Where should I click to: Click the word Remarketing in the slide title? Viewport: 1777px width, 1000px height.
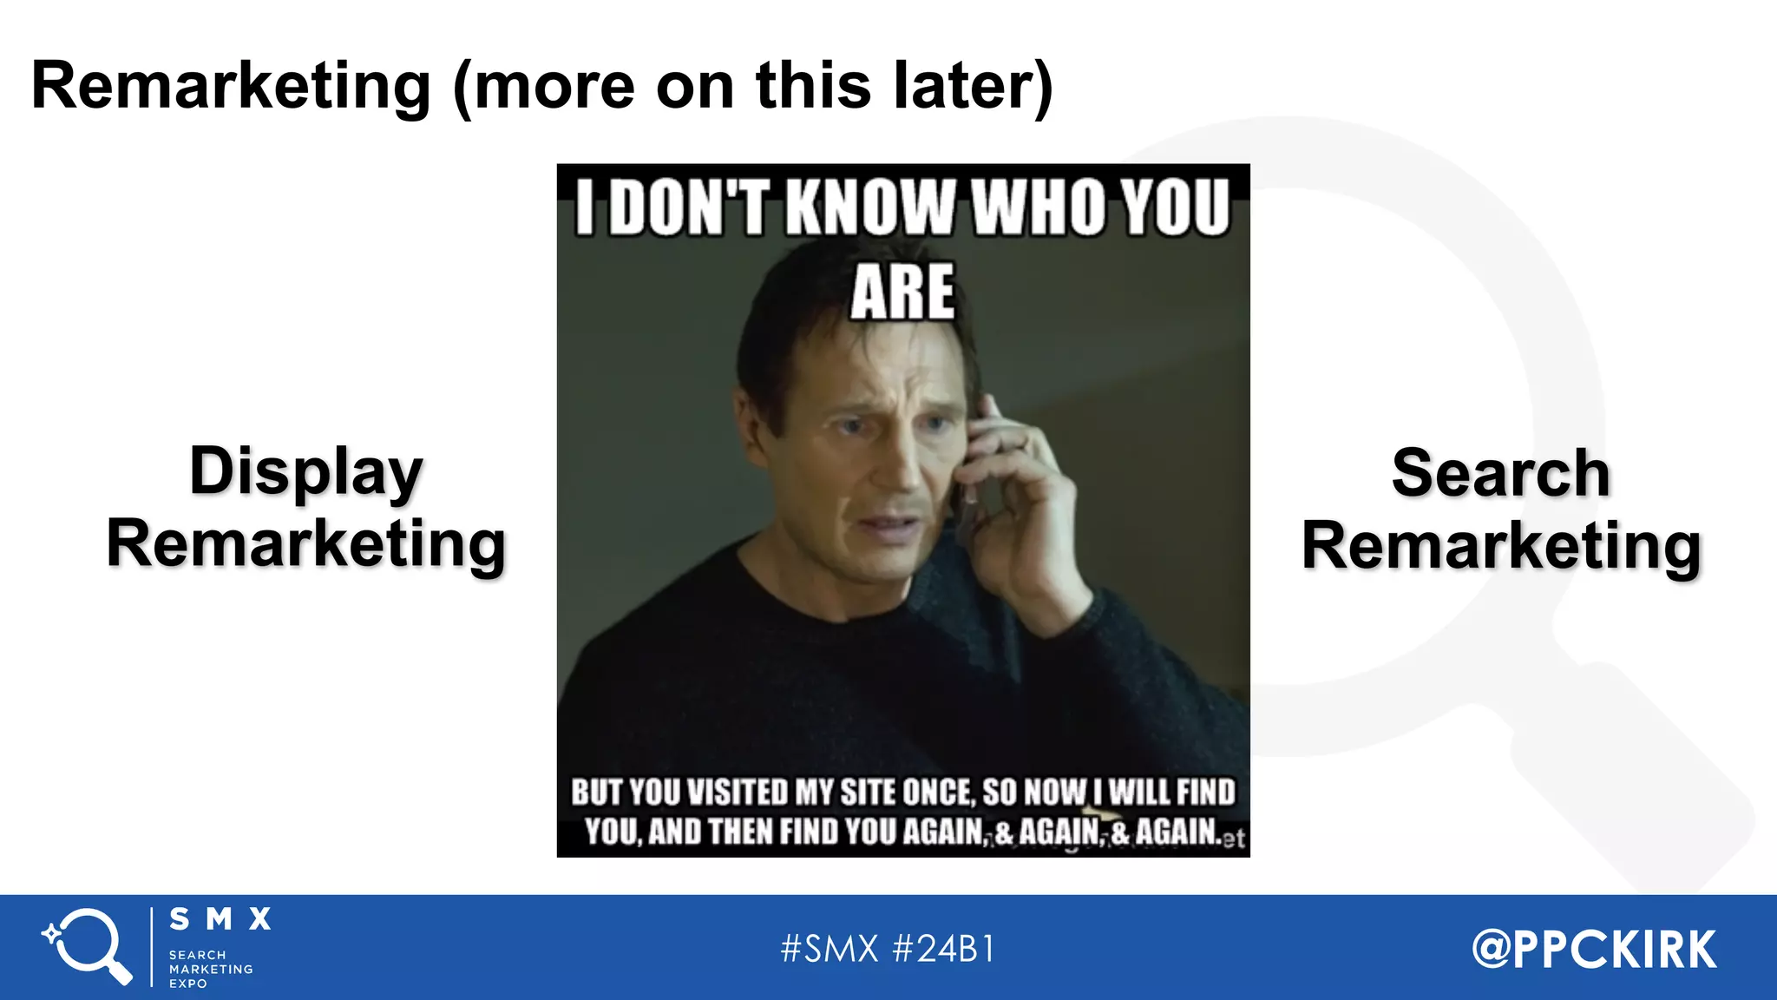point(231,87)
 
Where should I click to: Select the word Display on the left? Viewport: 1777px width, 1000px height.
point(306,471)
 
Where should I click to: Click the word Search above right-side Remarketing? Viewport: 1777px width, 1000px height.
point(1500,474)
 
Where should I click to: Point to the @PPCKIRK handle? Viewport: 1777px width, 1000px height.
point(1594,949)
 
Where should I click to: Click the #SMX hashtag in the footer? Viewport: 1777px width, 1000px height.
point(829,949)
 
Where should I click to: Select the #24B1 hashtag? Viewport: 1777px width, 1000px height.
point(944,949)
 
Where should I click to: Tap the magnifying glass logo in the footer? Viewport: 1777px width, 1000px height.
point(88,946)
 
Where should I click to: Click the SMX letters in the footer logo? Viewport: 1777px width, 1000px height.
point(220,919)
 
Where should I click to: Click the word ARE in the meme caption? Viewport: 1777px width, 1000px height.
point(902,293)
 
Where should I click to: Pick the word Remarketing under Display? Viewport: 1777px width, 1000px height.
point(306,544)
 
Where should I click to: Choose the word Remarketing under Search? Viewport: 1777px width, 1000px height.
point(1500,546)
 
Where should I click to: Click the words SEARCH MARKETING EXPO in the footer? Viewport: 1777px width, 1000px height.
point(210,969)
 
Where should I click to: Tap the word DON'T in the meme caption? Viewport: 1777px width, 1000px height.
point(689,208)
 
